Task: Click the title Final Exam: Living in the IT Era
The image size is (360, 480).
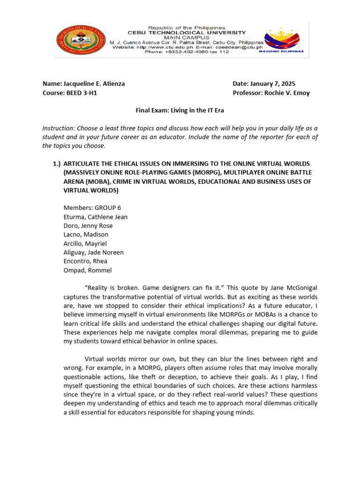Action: pyautogui.click(x=180, y=111)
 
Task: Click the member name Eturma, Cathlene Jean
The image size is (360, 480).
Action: pyautogui.click(x=95, y=217)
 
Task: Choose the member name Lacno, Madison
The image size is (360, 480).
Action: pyautogui.click(x=86, y=235)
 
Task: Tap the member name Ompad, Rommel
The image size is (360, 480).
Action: pyautogui.click(x=88, y=270)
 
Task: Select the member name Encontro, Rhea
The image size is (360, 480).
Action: pyautogui.click(x=85, y=262)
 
